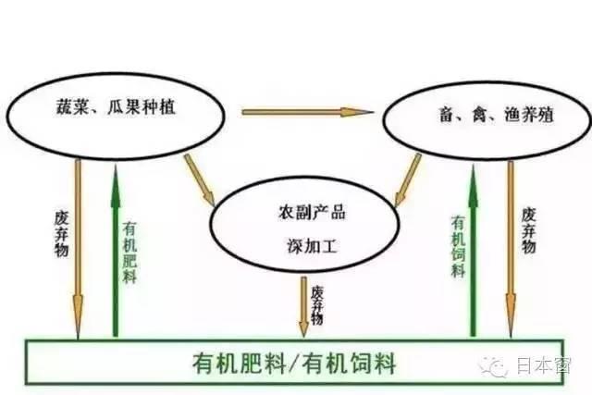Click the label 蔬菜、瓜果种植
116,107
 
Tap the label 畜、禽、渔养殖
496,115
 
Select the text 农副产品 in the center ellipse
312,212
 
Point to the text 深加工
312,246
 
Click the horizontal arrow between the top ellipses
307,112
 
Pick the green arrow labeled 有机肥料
116,251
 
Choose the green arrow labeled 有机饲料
473,250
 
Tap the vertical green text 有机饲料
458,246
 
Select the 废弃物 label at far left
62,234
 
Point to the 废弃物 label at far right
528,230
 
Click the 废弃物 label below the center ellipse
316,305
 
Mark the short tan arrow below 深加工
303,306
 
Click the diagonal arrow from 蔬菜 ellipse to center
200,180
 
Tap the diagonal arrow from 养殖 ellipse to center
407,180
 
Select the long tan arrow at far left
78,249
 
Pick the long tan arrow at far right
511,249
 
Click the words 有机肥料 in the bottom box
240,364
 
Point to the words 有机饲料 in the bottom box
350,364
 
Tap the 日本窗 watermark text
543,365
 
